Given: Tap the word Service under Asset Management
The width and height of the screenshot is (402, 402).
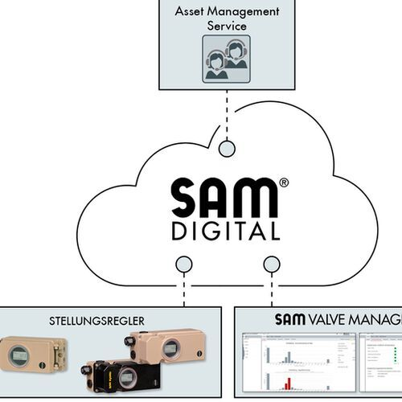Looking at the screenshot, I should point(227,26).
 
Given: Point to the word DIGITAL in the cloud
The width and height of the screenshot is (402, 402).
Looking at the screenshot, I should point(225,232).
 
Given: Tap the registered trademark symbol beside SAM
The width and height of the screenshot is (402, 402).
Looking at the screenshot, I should point(283,183).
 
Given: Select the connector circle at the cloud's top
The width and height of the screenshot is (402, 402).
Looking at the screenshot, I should point(228,149).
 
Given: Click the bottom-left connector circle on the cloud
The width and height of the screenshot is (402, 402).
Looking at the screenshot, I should point(184,264).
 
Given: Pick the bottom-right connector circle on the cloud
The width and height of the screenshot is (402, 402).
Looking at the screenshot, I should point(272,264).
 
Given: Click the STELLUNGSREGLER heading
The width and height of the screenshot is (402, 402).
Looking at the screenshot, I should point(107,321).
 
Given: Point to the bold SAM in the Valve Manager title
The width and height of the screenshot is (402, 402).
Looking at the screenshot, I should point(290,320).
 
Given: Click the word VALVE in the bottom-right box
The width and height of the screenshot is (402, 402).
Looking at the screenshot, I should point(330,320).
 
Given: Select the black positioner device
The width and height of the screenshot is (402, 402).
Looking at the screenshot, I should point(117,375).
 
